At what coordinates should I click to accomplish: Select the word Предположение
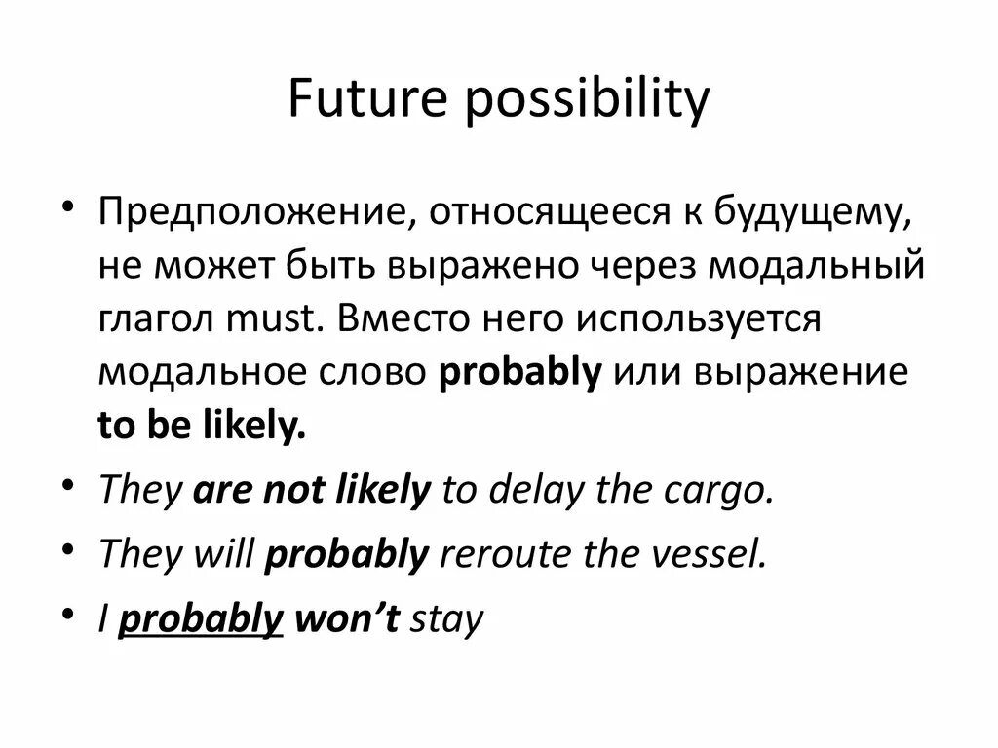(249, 212)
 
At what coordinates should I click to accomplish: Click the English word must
(266, 320)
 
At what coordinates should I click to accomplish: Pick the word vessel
(706, 554)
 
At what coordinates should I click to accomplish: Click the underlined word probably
(200, 618)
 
